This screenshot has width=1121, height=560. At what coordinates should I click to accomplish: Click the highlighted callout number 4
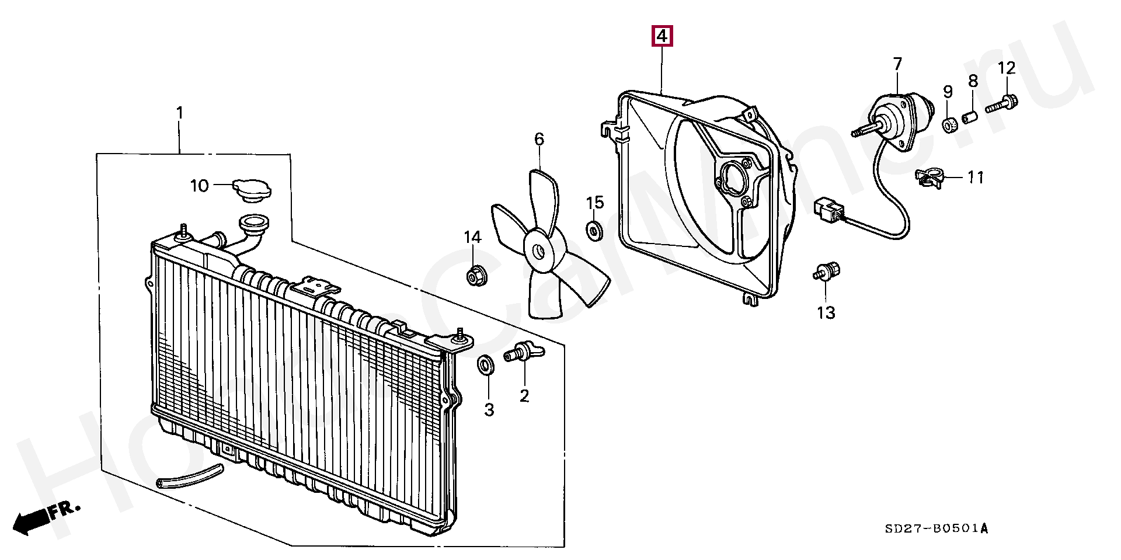662,37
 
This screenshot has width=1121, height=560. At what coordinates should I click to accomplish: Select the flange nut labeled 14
473,276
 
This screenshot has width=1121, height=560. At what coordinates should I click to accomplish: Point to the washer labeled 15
594,230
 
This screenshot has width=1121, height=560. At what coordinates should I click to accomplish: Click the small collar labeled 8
970,119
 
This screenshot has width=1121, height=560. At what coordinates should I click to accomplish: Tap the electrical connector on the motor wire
827,211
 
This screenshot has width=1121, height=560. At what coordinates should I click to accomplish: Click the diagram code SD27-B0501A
936,529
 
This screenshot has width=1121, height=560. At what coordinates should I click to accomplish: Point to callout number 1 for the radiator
180,113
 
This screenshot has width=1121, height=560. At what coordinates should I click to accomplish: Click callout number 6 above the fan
539,139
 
